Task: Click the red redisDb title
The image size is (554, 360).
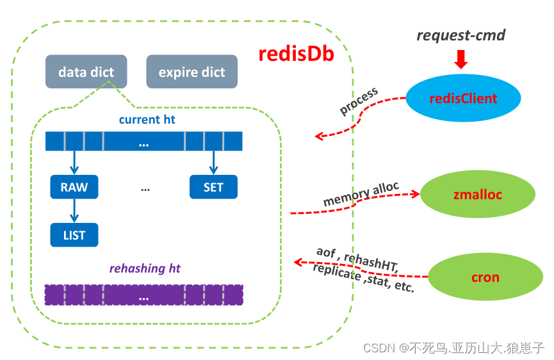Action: (x=296, y=54)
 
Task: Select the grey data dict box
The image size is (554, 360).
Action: (x=86, y=72)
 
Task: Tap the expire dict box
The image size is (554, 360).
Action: (x=191, y=72)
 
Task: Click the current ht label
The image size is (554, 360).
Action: (x=147, y=120)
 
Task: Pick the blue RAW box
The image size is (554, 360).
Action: (x=74, y=187)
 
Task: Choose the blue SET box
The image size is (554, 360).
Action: (x=213, y=187)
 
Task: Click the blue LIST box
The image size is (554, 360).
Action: (x=74, y=235)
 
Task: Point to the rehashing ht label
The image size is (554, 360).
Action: (x=145, y=268)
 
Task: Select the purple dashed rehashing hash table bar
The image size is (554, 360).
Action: (x=143, y=295)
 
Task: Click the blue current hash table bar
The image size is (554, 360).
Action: (x=143, y=142)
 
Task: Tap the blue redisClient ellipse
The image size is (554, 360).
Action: (x=463, y=99)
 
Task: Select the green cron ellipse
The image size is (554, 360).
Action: (x=485, y=278)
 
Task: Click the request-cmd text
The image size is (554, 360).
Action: (x=460, y=35)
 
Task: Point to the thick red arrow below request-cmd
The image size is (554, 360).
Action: (x=460, y=60)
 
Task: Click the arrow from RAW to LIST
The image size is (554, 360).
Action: (x=74, y=211)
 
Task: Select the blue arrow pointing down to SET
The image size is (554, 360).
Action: (x=213, y=163)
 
